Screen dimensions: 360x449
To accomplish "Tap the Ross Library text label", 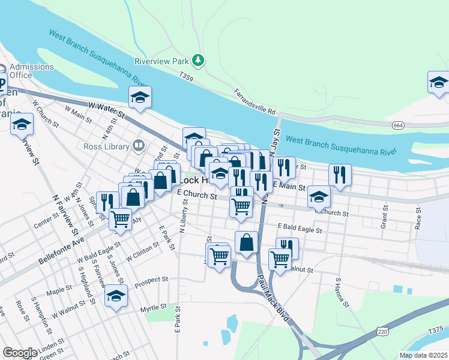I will point(107,146).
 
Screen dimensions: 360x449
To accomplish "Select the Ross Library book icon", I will point(139,145).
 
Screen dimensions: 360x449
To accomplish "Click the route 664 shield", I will point(397,125).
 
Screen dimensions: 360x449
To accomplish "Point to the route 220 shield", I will point(382,331).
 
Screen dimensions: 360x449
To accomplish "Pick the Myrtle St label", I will point(152,308).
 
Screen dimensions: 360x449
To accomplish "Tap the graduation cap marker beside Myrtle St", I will point(116,296).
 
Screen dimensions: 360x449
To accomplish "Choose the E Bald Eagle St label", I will point(300,229).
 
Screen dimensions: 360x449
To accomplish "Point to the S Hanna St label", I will point(342,292).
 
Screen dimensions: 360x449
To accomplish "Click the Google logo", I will point(20,352).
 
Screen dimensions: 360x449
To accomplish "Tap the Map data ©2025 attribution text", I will point(423,355).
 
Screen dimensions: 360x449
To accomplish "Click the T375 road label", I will point(436,329).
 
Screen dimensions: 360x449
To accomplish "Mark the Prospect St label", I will point(151,280).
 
